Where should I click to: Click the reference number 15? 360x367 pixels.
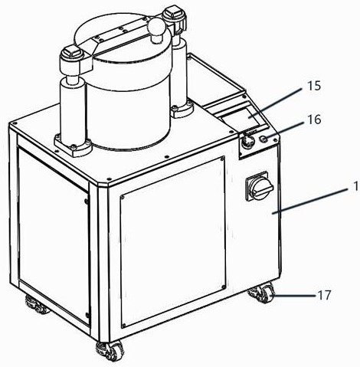click(x=314, y=86)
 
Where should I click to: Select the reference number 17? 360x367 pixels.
click(x=324, y=295)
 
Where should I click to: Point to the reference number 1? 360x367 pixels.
click(x=357, y=187)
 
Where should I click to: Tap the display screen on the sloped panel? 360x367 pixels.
click(x=241, y=116)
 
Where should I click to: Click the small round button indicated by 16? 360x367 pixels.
click(x=263, y=139)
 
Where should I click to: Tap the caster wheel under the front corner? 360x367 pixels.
click(x=110, y=351)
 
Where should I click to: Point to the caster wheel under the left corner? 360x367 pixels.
click(x=37, y=305)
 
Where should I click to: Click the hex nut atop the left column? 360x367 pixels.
click(x=71, y=53)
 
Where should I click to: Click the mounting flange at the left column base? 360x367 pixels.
click(x=73, y=145)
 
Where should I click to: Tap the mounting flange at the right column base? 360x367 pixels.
click(x=181, y=110)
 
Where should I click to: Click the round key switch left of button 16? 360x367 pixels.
click(x=248, y=141)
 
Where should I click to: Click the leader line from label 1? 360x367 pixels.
click(x=313, y=200)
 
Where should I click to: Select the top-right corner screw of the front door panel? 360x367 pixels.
click(x=222, y=159)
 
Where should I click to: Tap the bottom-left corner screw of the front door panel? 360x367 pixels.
click(x=124, y=326)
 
